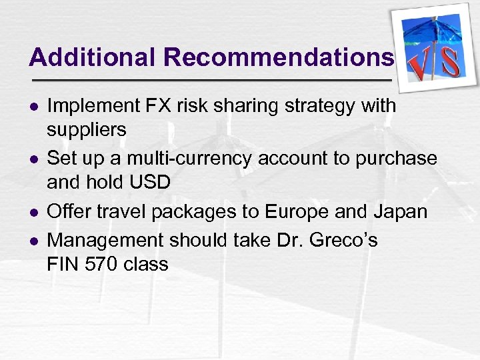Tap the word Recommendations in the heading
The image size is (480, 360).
[279, 57]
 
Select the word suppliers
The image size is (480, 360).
[86, 130]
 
